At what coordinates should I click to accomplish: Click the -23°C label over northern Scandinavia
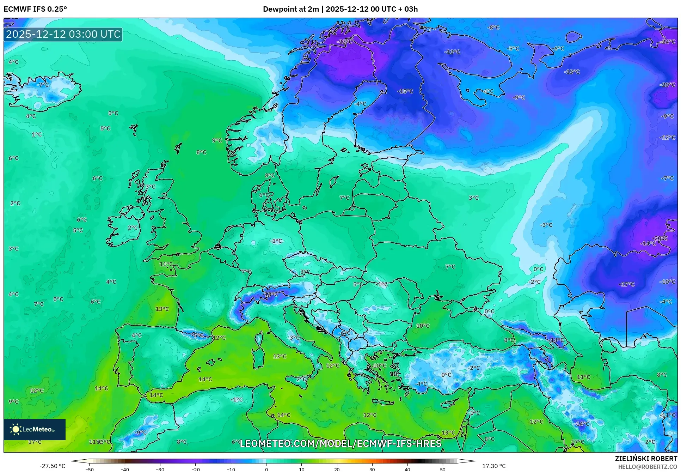(344, 42)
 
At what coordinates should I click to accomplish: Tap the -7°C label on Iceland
(43, 85)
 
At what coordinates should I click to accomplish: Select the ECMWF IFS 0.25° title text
(35, 9)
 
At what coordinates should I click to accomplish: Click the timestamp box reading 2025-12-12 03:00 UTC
(63, 34)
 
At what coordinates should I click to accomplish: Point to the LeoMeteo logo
(35, 429)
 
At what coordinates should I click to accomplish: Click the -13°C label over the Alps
(270, 294)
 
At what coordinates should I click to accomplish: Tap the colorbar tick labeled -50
(90, 470)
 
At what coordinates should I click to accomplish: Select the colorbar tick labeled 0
(266, 470)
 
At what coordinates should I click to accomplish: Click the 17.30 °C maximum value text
(493, 466)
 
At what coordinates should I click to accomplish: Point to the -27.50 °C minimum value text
(53, 466)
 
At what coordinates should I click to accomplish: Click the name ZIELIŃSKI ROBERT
(646, 459)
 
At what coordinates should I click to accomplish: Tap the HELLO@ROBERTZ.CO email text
(647, 467)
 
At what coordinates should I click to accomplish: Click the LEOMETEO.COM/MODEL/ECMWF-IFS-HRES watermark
(340, 443)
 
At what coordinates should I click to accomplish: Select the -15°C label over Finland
(405, 91)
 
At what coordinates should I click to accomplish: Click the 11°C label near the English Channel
(166, 264)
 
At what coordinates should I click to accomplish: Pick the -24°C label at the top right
(667, 42)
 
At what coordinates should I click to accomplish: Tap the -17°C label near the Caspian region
(626, 284)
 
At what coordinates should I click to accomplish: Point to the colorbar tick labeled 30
(372, 470)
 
